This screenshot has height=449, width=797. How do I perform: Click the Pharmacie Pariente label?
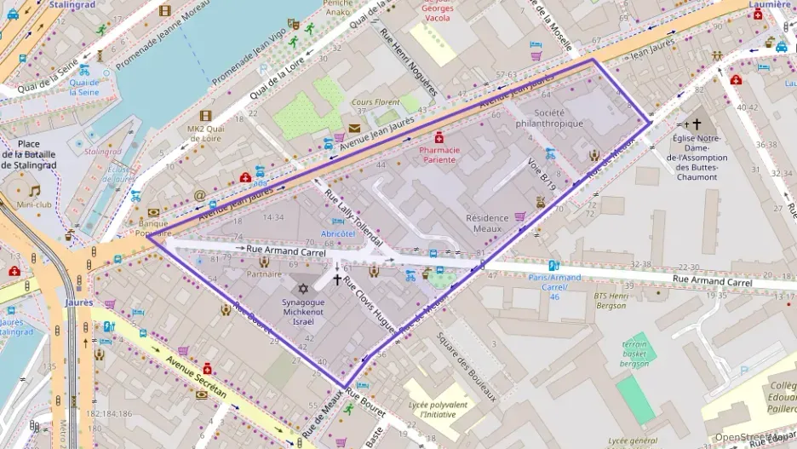pos(439,154)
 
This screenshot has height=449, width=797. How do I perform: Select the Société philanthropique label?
pos(550,118)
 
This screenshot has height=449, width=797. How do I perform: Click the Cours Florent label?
pos(376,102)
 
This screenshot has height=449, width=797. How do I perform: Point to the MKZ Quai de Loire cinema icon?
pos(205,116)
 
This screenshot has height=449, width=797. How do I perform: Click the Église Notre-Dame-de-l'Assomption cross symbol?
pos(697,124)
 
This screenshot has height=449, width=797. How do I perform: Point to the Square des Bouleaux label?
pos(466,366)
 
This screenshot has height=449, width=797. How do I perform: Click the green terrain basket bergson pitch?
pos(635,396)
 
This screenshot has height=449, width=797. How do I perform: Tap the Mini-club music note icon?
pos(35,192)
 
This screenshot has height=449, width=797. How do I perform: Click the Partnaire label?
pos(264,274)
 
